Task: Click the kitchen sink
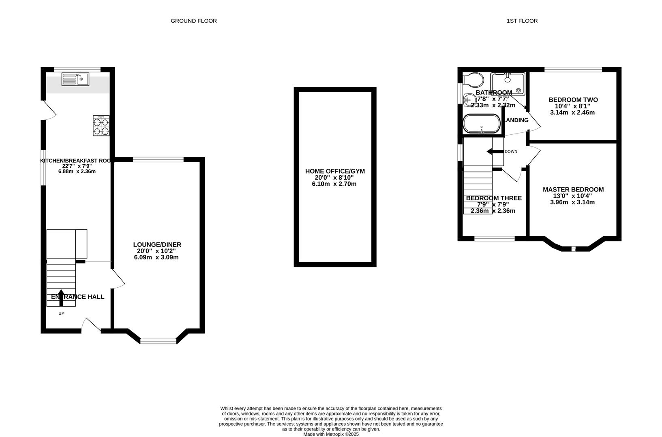[75, 79]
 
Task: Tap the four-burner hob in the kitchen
[101, 125]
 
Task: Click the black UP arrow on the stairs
[61, 297]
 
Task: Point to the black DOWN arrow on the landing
[495, 152]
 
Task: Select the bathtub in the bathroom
[482, 124]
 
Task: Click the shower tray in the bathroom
[508, 83]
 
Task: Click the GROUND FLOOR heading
[193, 21]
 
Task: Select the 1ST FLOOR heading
[522, 21]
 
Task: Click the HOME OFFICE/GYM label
[335, 171]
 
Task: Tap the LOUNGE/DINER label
[157, 244]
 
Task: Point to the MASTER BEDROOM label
[573, 189]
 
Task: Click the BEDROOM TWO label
[573, 100]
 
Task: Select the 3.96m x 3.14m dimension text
[572, 202]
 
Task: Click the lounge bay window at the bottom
[159, 341]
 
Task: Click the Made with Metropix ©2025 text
[331, 434]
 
